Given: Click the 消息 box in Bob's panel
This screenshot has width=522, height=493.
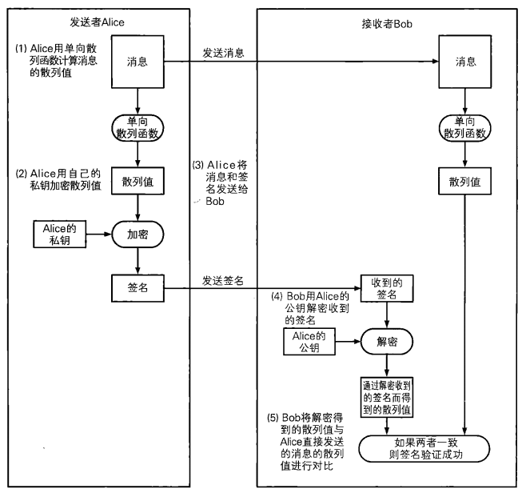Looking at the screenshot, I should click(466, 62).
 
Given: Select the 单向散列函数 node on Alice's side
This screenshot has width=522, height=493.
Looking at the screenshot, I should click(139, 125).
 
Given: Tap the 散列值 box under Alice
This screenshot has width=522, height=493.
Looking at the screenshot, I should click(138, 182).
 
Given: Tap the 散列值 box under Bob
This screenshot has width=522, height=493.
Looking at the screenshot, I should click(466, 182).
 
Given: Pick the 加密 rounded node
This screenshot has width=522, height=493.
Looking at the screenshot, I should click(138, 234).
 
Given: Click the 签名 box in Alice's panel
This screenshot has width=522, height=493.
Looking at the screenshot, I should click(138, 285).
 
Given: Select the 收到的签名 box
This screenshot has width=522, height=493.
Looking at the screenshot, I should click(387, 289).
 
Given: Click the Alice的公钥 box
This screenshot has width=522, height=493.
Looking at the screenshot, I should click(307, 342).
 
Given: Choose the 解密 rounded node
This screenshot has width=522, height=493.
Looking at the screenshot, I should click(387, 342).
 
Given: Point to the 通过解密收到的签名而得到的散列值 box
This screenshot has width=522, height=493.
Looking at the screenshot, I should click(387, 396).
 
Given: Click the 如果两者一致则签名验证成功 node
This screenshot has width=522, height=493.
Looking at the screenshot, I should click(421, 450).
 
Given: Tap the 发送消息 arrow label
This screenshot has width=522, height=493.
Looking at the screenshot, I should click(222, 54).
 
